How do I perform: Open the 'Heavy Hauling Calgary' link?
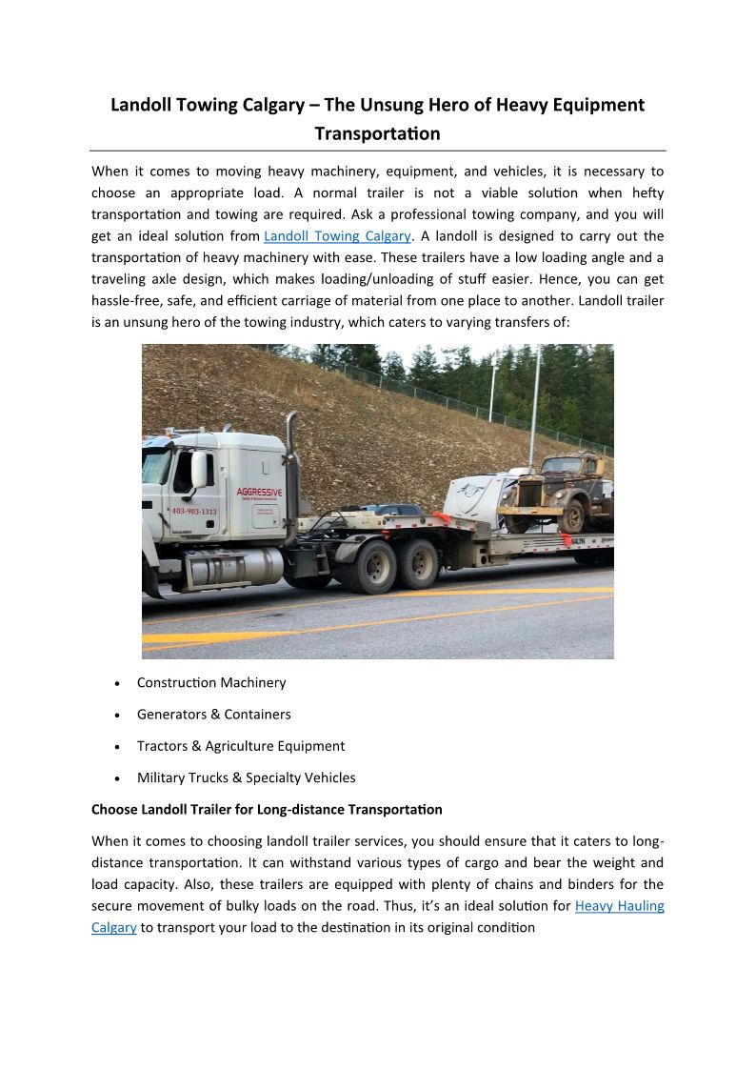click(x=619, y=905)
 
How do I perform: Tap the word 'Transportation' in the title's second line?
click(x=377, y=133)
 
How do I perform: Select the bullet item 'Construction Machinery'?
click(x=210, y=682)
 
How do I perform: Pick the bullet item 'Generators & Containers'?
click(x=213, y=714)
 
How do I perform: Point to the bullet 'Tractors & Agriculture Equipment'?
click(x=240, y=746)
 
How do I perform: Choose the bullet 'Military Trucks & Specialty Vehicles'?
click(x=246, y=777)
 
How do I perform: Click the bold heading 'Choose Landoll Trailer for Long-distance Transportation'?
click(x=267, y=809)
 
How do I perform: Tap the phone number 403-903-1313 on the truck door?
click(x=194, y=512)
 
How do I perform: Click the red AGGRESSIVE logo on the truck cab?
click(x=258, y=493)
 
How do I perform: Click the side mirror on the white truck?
click(x=199, y=469)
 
